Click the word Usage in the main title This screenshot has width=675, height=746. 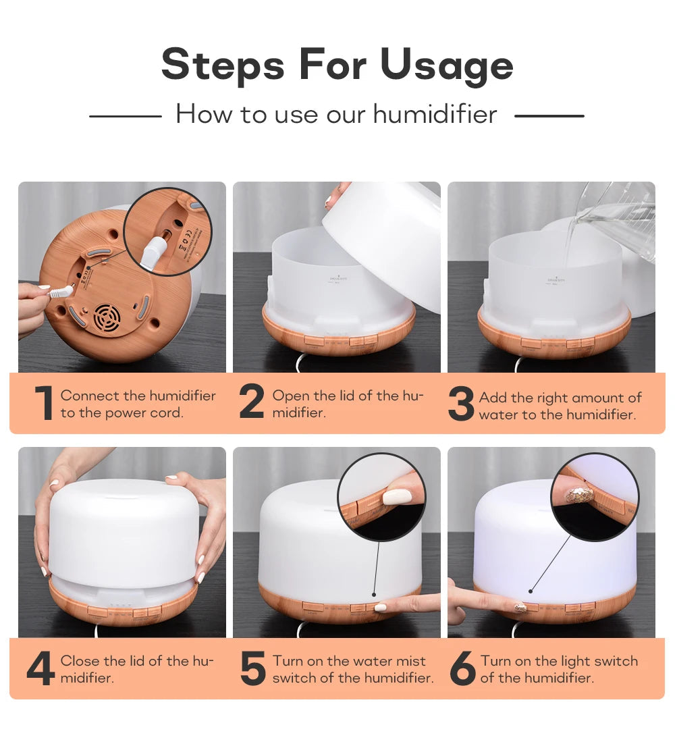tap(446, 65)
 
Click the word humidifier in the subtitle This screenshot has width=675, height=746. tap(435, 114)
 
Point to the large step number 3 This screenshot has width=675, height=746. tap(461, 404)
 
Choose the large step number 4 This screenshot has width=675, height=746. tap(40, 668)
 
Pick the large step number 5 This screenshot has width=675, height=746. tap(253, 668)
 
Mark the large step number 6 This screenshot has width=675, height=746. tap(463, 668)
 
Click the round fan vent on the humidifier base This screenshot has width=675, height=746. tap(107, 318)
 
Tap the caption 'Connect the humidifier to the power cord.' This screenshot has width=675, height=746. tap(138, 404)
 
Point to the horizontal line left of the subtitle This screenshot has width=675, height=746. tap(126, 116)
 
